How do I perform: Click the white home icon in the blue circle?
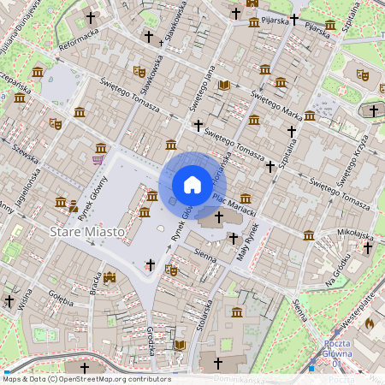pyautogui.click(x=192, y=185)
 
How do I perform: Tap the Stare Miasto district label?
pyautogui.click(x=86, y=232)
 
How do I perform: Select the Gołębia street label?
pyautogui.click(x=61, y=296)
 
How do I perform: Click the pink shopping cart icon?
pyautogui.click(x=98, y=159)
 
